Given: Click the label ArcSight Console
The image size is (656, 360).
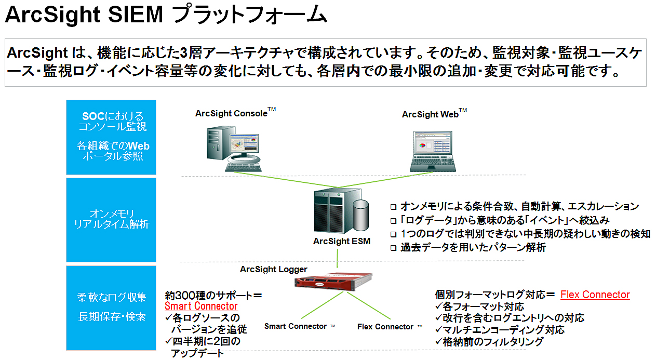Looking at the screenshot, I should point(231,113).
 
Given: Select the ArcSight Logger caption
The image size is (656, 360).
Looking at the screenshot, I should point(273,269).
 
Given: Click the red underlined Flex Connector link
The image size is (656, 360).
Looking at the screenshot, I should point(595,295).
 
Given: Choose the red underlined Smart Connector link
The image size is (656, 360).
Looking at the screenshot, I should point(201,306).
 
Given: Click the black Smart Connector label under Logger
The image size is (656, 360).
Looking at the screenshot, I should point(295,326).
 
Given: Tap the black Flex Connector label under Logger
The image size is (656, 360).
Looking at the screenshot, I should point(385,327).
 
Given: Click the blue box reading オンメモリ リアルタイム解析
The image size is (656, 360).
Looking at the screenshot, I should point(111,219).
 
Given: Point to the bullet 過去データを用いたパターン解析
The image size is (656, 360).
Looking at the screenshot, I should point(473,248).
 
